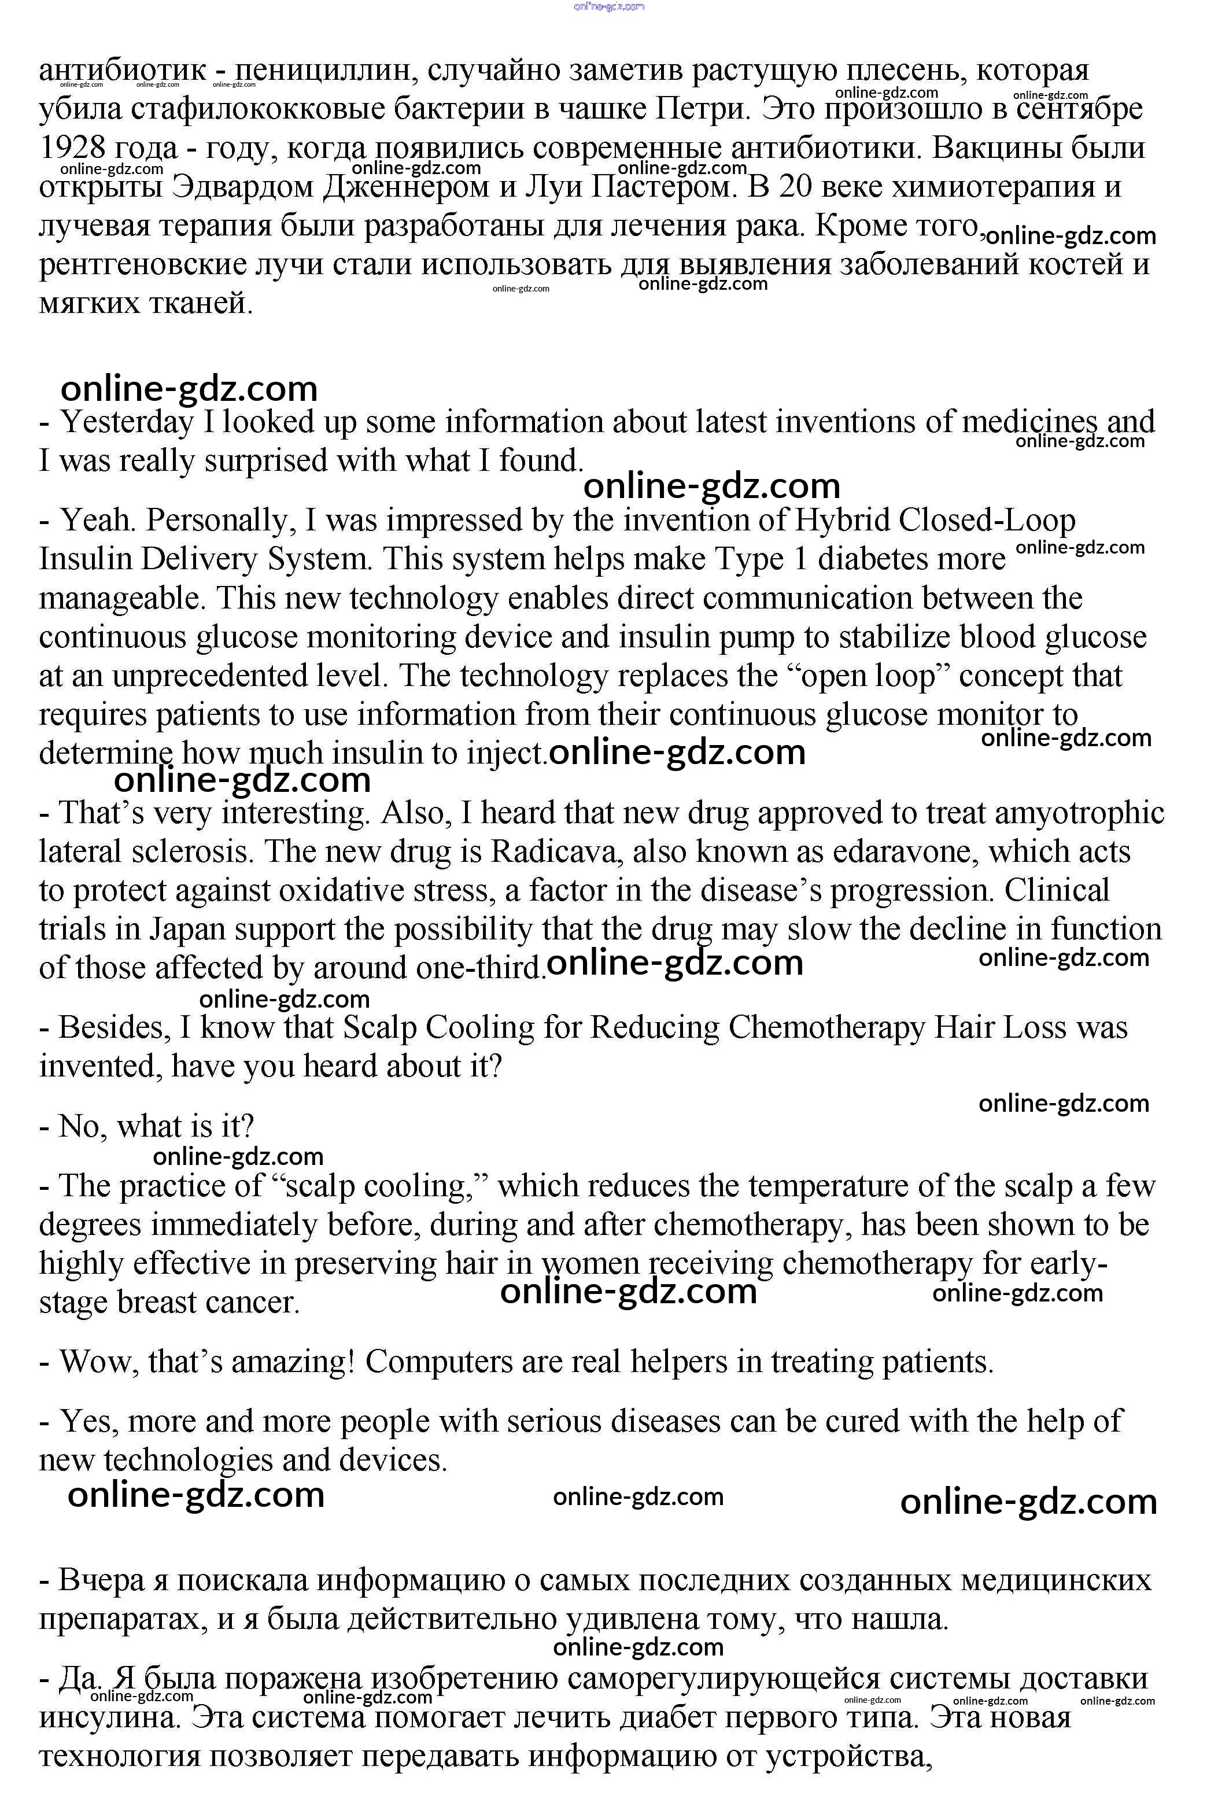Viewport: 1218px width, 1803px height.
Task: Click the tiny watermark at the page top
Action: click(609, 7)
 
